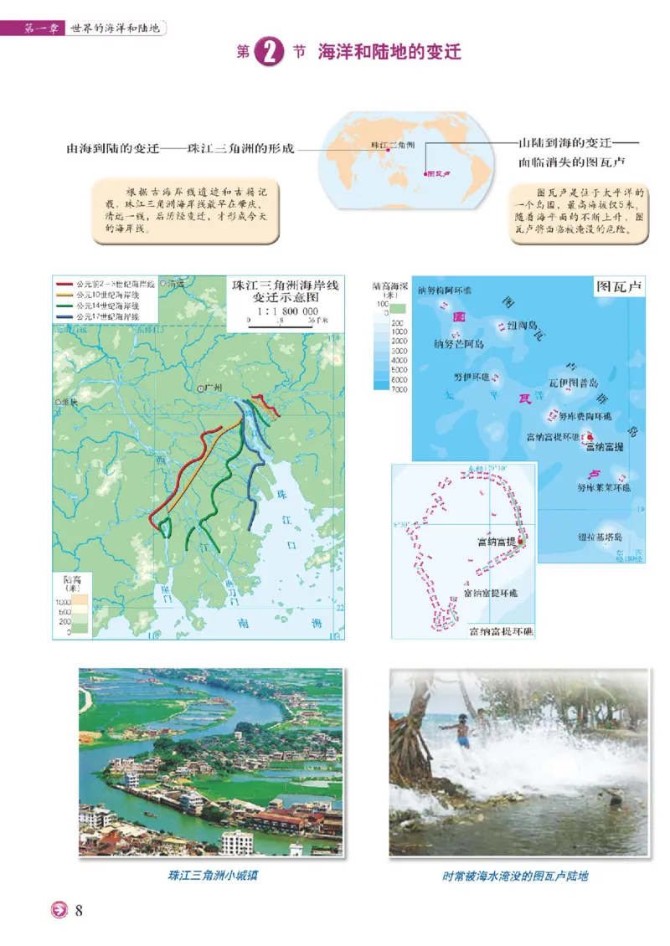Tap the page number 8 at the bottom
[79, 911]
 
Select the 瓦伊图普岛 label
[575, 383]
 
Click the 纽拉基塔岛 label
[599, 537]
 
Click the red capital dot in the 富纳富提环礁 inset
[521, 542]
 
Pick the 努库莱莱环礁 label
[604, 486]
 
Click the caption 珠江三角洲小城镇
[211, 876]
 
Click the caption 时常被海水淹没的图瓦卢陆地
[516, 876]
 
